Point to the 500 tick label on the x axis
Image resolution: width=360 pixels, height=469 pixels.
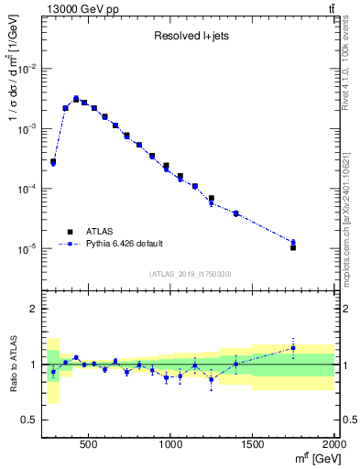[x=89, y=442]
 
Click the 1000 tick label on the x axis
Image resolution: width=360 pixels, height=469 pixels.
[x=171, y=442]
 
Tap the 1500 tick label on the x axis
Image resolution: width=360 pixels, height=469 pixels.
[x=253, y=442]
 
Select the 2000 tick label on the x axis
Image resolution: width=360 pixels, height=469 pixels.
[x=333, y=442]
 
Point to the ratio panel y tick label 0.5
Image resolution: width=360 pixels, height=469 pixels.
[x=29, y=420]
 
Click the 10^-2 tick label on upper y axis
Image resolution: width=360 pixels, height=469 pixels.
[x=27, y=69]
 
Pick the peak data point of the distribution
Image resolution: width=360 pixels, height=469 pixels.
[x=76, y=98]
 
